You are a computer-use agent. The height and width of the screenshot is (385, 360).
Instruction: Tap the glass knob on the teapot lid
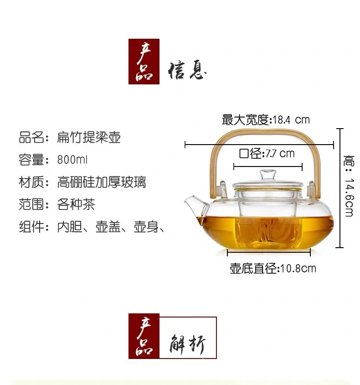click(x=268, y=175)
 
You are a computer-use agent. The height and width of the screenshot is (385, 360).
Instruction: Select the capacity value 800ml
click(x=72, y=160)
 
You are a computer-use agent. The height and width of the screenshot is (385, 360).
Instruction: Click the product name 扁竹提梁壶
click(x=89, y=137)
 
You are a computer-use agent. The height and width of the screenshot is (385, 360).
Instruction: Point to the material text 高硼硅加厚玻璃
click(x=102, y=182)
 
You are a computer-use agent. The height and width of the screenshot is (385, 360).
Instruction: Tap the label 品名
click(x=31, y=137)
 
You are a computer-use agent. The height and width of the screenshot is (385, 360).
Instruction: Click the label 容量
click(x=31, y=160)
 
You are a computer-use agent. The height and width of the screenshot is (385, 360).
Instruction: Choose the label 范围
click(x=31, y=204)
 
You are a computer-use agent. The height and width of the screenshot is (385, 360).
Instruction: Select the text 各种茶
click(x=76, y=204)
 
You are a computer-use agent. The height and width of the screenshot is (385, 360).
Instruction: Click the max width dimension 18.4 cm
click(x=291, y=120)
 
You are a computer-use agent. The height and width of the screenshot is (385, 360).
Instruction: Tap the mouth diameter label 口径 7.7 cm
click(x=267, y=154)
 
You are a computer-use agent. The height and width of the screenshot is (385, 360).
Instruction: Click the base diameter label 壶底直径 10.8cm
click(x=273, y=268)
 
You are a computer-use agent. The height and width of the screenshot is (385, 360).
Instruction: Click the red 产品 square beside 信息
click(x=144, y=62)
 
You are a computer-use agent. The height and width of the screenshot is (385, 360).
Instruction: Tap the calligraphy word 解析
click(x=187, y=344)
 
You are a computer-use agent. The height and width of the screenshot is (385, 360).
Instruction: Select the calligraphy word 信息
click(x=187, y=70)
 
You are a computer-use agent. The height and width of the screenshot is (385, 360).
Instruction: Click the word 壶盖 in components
click(x=108, y=227)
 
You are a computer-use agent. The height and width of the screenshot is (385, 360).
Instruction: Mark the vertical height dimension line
click(x=339, y=188)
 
